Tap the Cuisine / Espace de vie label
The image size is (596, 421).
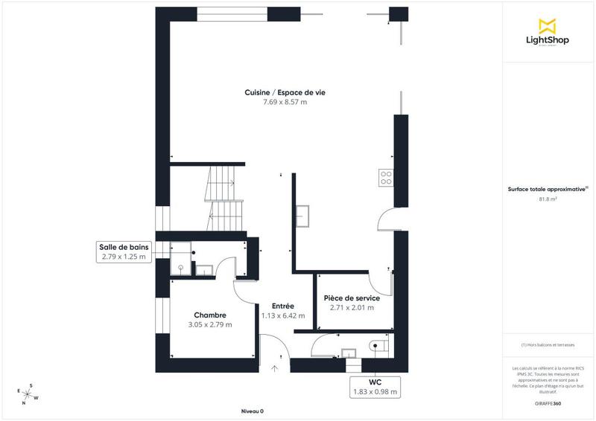(x=285, y=92)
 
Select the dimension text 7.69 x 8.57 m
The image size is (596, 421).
(x=285, y=102)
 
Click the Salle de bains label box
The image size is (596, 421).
(x=124, y=252)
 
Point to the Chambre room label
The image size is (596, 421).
(x=209, y=315)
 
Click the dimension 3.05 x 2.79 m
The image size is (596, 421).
(x=209, y=324)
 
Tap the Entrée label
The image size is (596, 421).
(x=282, y=306)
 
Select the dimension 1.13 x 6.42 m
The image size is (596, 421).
(x=282, y=315)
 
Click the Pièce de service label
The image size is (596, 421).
(x=352, y=298)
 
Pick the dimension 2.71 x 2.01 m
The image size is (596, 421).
(x=352, y=307)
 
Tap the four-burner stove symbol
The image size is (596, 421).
(x=387, y=177)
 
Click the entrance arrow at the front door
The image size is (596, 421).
(x=275, y=367)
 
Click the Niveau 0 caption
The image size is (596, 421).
(x=253, y=411)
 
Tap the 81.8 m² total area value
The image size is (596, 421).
(x=548, y=199)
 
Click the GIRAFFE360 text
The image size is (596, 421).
(x=548, y=402)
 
